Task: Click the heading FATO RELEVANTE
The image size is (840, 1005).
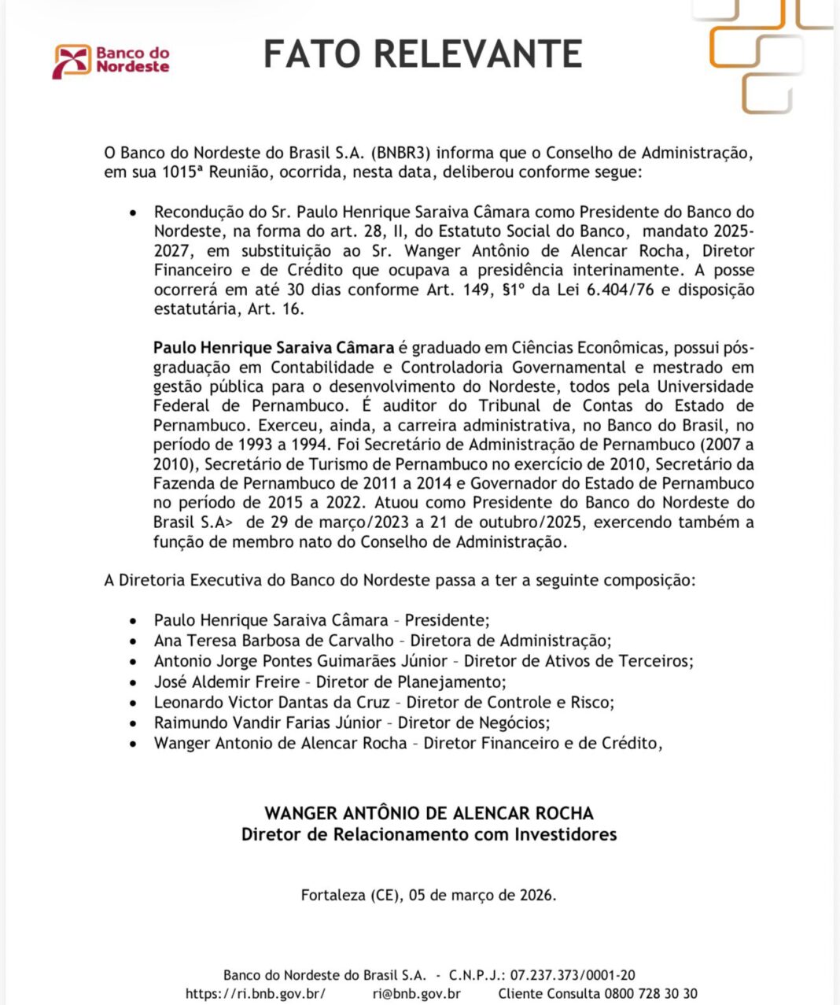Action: click(422, 54)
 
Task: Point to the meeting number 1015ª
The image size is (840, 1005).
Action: click(181, 172)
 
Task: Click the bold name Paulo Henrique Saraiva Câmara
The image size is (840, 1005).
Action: click(274, 348)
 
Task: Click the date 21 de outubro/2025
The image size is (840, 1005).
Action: click(514, 523)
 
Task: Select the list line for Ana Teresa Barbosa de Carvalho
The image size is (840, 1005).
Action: click(382, 641)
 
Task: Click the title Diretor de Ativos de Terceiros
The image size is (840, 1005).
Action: click(578, 661)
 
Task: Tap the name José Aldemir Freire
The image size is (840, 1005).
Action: click(227, 682)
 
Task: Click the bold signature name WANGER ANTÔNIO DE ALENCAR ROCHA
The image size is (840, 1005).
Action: click(429, 813)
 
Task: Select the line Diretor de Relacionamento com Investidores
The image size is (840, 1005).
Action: click(429, 834)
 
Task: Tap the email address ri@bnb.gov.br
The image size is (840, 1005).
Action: click(417, 994)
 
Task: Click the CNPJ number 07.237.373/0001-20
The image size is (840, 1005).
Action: click(573, 974)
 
